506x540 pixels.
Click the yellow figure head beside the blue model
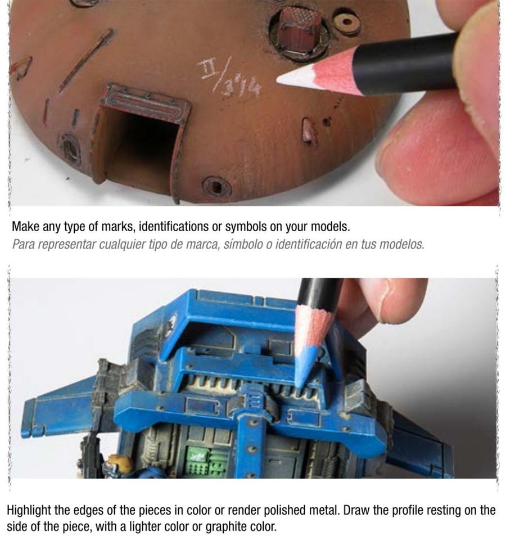[119, 464]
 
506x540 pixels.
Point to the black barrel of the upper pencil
[405, 65]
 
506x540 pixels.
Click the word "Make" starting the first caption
[25, 227]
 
